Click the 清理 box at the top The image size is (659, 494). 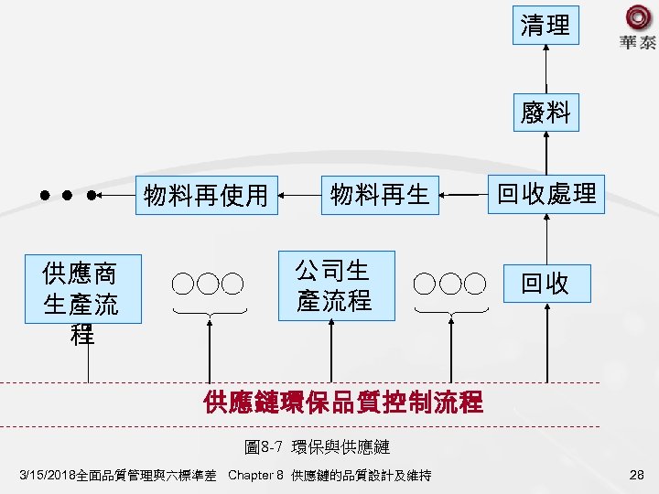pyautogui.click(x=546, y=26)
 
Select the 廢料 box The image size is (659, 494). pyautogui.click(x=546, y=113)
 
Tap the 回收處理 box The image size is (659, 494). pyautogui.click(x=546, y=194)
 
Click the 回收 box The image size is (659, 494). pyautogui.click(x=546, y=284)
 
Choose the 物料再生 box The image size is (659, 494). pyautogui.click(x=380, y=194)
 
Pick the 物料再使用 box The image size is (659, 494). pyautogui.click(x=206, y=194)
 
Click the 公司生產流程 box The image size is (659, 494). pyautogui.click(x=336, y=285)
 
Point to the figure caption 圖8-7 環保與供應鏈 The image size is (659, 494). pyautogui.click(x=318, y=447)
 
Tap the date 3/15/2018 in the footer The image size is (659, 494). pyautogui.click(x=53, y=475)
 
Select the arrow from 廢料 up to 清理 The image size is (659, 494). pyautogui.click(x=546, y=69)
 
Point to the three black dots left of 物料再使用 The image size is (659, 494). pyautogui.click(x=66, y=195)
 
